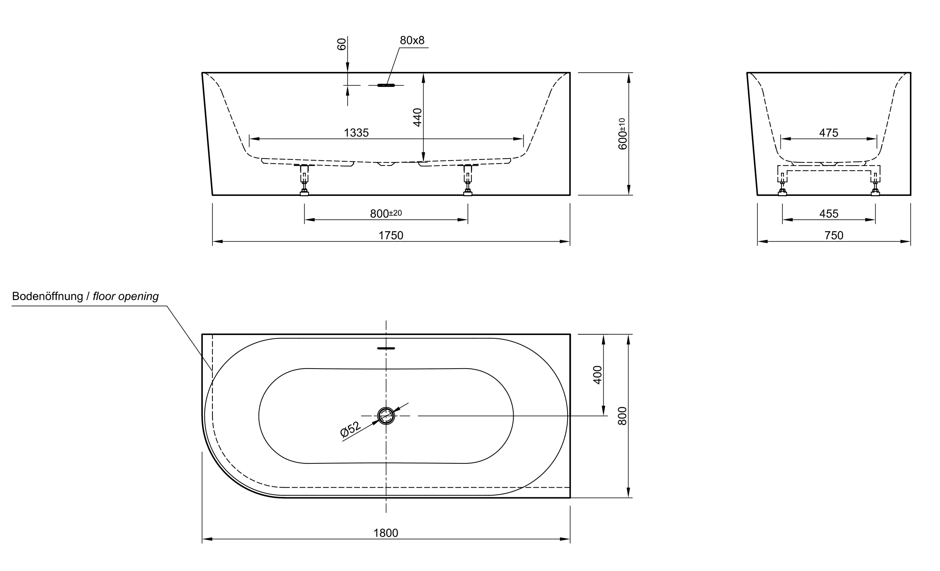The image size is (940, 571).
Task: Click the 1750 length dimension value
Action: [390, 235]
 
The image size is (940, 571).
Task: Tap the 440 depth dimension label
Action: [417, 117]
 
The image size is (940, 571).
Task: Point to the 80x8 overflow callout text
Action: [412, 40]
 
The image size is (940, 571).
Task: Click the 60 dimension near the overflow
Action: [342, 44]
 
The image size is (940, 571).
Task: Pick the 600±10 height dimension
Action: [622, 134]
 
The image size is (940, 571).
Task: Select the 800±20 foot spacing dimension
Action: [385, 214]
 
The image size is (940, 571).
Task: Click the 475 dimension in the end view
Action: [828, 133]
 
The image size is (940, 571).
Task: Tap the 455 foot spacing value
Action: [828, 214]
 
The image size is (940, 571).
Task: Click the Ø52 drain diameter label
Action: [350, 429]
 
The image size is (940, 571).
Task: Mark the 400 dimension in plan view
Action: [597, 374]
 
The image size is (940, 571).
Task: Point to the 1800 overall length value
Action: [385, 533]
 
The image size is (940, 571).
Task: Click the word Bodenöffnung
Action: [47, 296]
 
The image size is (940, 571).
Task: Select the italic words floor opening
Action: [126, 296]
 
